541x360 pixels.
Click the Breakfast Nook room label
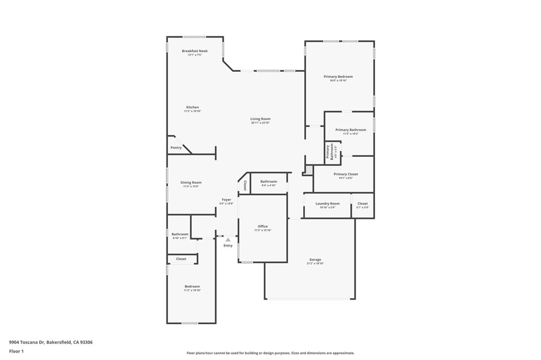click(194, 51)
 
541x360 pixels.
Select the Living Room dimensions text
click(260, 123)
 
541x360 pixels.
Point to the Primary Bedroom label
click(338, 77)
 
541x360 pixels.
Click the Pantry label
click(176, 148)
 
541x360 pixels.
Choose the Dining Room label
click(192, 183)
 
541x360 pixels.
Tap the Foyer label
click(226, 200)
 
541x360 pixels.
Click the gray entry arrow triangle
click(228, 240)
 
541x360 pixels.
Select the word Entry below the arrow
click(228, 245)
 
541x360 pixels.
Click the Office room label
click(263, 226)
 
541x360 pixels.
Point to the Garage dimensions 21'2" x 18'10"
click(315, 263)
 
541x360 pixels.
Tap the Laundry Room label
click(327, 203)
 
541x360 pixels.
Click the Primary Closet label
click(346, 174)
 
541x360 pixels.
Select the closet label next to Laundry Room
click(362, 203)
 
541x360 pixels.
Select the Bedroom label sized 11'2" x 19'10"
click(192, 287)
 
